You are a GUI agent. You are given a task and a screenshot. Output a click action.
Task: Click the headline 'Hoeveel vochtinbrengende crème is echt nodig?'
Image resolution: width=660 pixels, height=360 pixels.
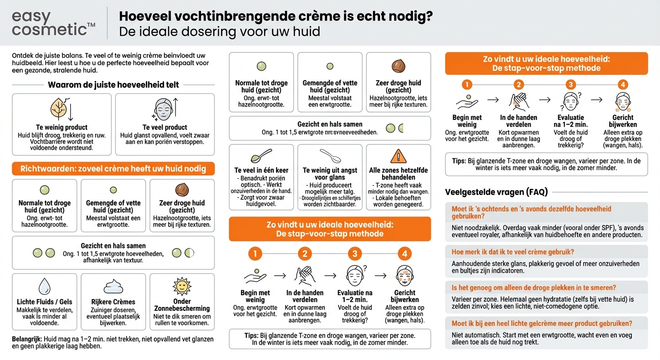pos(276,16)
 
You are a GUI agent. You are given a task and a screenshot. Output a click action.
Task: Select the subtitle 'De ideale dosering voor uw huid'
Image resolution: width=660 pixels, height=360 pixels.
pos(219,32)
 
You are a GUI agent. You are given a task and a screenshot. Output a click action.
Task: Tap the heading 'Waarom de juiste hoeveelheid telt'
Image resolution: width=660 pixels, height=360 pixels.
pos(113,85)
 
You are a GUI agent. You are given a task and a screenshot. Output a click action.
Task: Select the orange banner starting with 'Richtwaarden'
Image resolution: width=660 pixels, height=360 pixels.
pos(113,169)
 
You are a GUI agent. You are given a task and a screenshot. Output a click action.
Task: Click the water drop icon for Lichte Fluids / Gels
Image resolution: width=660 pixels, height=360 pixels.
pos(45,285)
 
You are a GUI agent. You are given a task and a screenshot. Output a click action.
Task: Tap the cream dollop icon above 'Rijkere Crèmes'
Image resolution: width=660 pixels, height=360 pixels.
pos(113,286)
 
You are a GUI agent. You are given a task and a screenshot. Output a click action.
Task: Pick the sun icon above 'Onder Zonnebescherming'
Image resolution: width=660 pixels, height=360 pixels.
pos(182,285)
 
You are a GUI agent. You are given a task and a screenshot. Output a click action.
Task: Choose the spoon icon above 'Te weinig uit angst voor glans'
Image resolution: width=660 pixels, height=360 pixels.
pos(330,155)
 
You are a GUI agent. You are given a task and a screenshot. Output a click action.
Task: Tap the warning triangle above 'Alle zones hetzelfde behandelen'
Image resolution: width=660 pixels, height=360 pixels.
pos(398,156)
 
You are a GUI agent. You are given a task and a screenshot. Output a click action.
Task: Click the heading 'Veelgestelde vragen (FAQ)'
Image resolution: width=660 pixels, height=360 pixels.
pos(496,192)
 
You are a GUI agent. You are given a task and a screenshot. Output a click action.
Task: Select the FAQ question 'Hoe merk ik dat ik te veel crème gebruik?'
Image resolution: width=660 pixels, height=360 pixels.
pos(513,252)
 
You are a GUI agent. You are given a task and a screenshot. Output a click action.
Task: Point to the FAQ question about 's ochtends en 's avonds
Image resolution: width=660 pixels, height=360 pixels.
pos(531,213)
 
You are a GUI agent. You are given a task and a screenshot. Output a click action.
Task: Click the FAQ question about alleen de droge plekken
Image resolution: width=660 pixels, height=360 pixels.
pos(533,287)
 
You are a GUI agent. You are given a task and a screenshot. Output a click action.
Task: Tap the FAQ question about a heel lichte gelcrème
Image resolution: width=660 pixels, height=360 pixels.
pos(542,323)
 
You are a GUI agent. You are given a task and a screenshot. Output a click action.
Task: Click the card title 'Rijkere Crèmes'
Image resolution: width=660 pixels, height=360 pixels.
pos(113,302)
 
